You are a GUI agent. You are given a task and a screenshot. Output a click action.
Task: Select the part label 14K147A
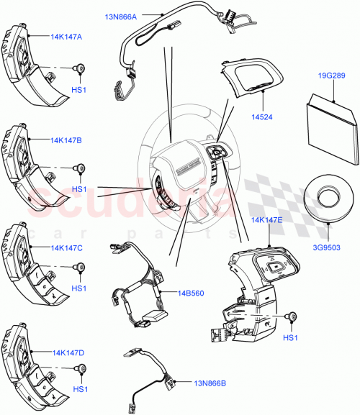click(66, 36)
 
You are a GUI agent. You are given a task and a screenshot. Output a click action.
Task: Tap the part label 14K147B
click(66, 140)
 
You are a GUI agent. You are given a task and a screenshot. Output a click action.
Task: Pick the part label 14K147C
click(66, 247)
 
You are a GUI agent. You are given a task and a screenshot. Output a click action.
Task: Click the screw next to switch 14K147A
click(80, 68)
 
